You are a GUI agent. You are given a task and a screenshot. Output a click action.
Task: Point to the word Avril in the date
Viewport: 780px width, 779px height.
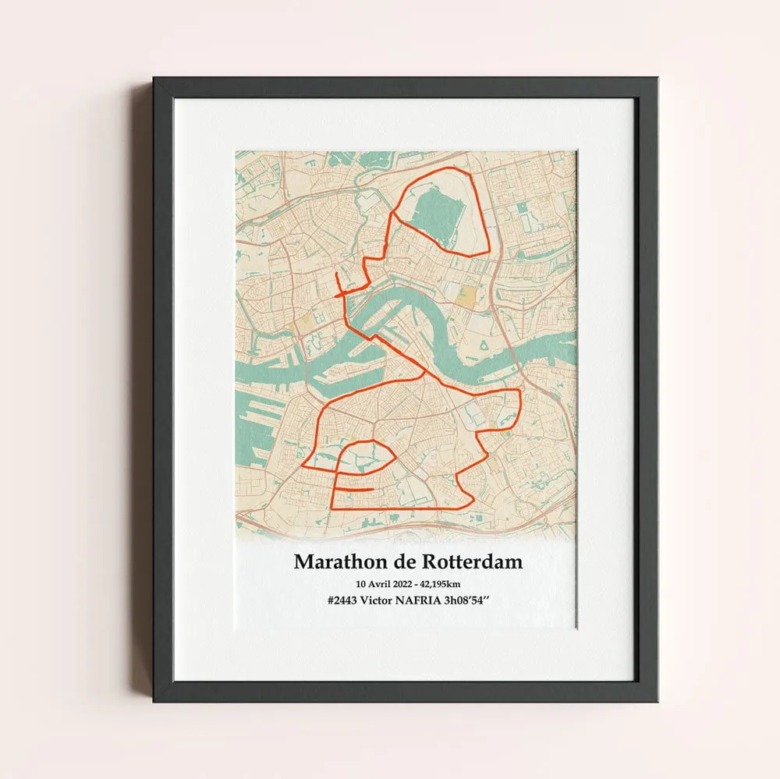pyautogui.click(x=383, y=584)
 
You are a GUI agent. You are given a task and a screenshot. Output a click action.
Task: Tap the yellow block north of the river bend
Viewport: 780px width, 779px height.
pyautogui.click(x=465, y=295)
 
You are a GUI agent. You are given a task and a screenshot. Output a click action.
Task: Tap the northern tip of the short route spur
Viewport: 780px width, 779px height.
pyautogui.click(x=335, y=274)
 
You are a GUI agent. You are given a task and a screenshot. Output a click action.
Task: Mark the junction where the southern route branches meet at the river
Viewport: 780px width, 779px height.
pyautogui.click(x=423, y=375)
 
